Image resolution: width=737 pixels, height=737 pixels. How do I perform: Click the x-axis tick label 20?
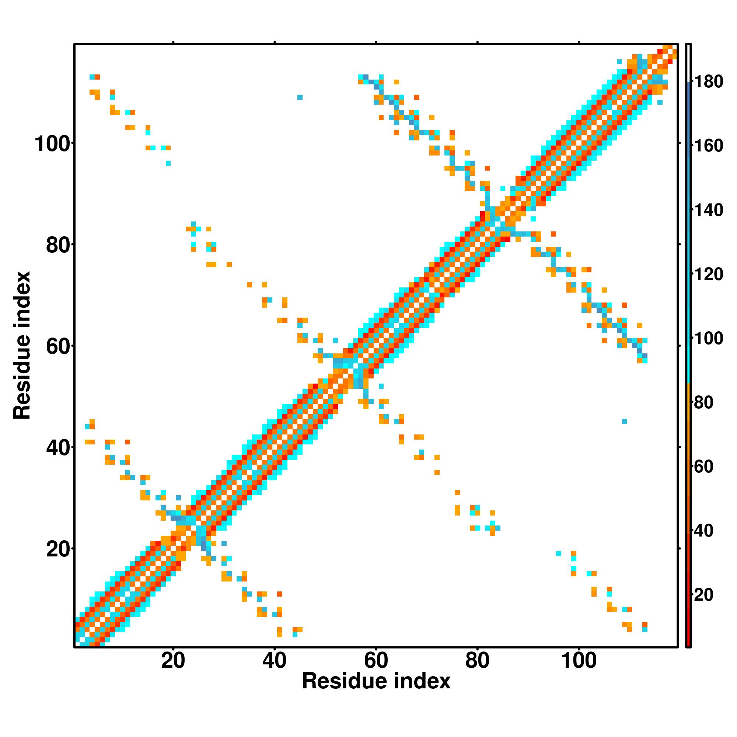pyautogui.click(x=173, y=661)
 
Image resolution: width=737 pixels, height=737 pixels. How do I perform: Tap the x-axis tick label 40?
pyautogui.click(x=274, y=661)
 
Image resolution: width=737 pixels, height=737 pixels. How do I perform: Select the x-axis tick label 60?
pyautogui.click(x=376, y=661)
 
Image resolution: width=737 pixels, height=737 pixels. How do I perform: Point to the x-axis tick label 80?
pyautogui.click(x=477, y=661)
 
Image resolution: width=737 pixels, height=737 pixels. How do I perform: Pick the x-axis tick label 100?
pyautogui.click(x=578, y=661)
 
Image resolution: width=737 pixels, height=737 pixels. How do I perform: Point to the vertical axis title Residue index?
pyautogui.click(x=22, y=345)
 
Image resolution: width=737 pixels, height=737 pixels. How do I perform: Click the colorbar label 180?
pyautogui.click(x=708, y=82)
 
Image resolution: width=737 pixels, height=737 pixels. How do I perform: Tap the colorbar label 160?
pyautogui.click(x=708, y=146)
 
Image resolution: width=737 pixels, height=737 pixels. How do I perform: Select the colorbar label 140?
pyautogui.click(x=708, y=210)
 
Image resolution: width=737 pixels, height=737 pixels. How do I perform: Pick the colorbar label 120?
pyautogui.click(x=708, y=274)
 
